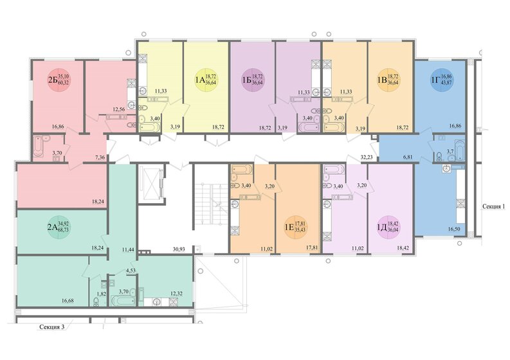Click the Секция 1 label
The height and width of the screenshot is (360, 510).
click(495, 207)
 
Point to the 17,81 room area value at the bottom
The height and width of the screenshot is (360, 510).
click(313, 247)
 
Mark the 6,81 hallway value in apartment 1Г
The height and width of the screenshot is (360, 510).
click(408, 156)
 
